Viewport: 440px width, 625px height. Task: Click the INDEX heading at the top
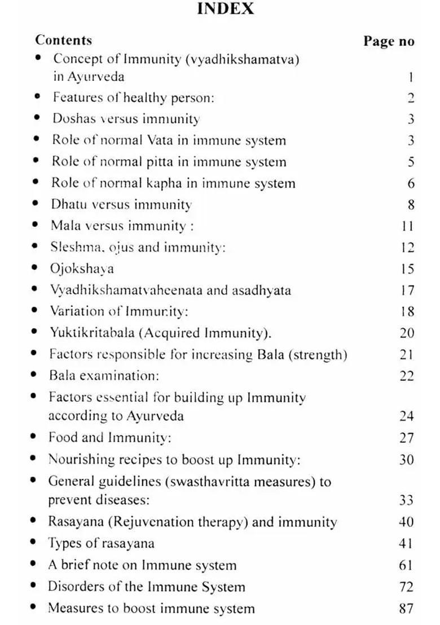[x=226, y=9]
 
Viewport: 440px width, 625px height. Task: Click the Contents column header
[x=63, y=40]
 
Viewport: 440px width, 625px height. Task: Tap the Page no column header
[x=389, y=41]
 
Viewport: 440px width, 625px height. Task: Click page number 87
[x=406, y=608]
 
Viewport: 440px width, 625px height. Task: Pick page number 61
[x=406, y=565]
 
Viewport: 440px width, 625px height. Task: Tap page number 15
[x=407, y=269]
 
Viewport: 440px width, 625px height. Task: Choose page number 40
[x=406, y=522]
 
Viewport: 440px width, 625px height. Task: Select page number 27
[x=406, y=438]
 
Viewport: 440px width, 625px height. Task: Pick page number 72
[x=406, y=587]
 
